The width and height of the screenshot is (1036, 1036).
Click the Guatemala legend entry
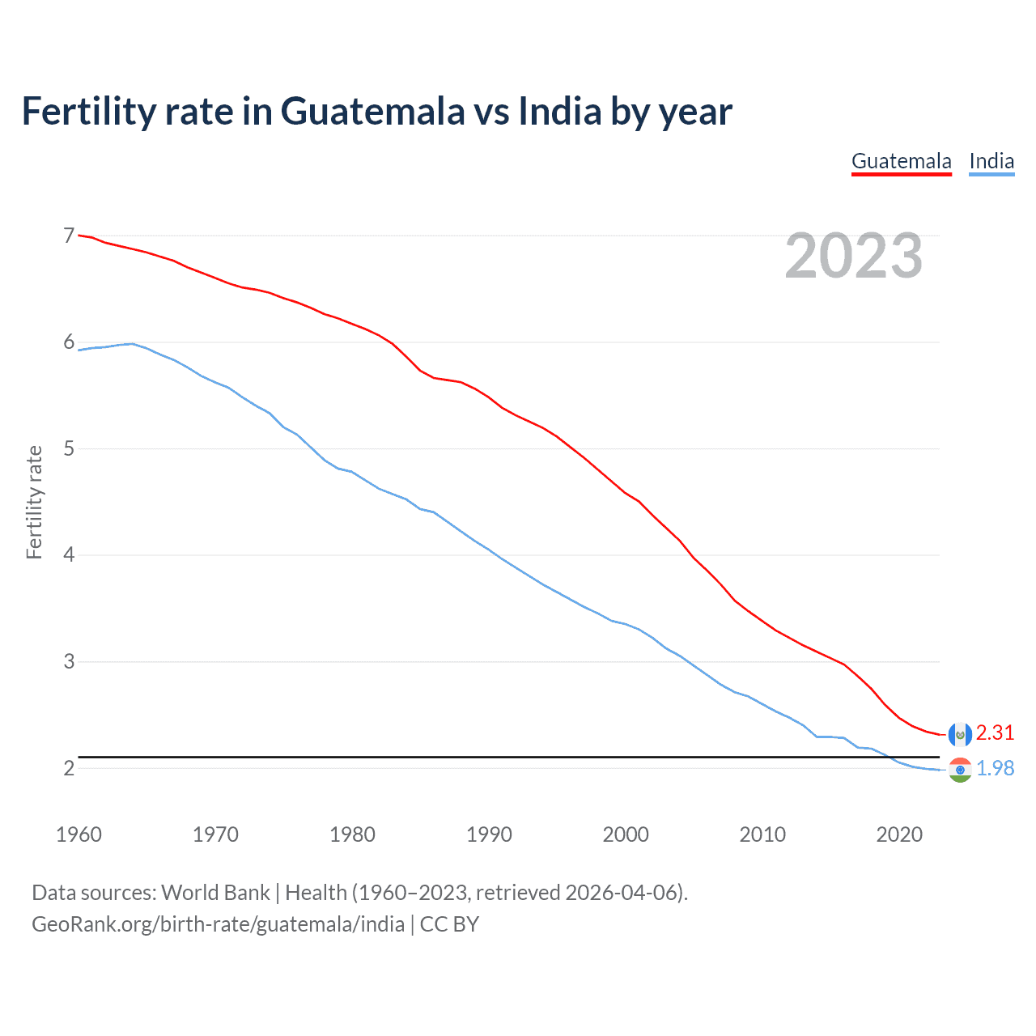pos(901,161)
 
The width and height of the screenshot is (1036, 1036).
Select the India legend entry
pos(991,161)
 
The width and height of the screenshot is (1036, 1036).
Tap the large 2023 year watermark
pos(853,256)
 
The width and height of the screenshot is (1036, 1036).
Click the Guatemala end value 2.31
pos(995,732)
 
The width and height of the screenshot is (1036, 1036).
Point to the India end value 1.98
pos(995,768)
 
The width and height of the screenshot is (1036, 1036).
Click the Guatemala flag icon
pos(959,734)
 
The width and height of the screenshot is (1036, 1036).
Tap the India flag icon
pos(959,770)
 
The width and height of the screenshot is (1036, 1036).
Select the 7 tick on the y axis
pos(69,236)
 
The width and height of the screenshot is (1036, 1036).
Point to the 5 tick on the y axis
pos(69,448)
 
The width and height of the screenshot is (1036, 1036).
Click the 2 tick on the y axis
pos(69,768)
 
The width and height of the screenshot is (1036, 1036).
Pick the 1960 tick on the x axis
pos(79,834)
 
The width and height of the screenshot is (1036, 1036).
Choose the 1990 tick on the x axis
pos(489,834)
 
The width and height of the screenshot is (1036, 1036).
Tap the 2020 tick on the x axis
pos(899,834)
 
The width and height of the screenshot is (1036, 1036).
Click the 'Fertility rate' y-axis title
pos(34,502)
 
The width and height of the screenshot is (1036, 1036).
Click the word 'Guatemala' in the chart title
pos(372,112)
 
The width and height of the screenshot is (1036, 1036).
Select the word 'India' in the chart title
pos(559,112)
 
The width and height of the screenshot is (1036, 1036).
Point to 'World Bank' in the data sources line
pos(215,893)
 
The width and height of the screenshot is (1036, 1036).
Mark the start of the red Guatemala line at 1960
pos(79,236)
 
